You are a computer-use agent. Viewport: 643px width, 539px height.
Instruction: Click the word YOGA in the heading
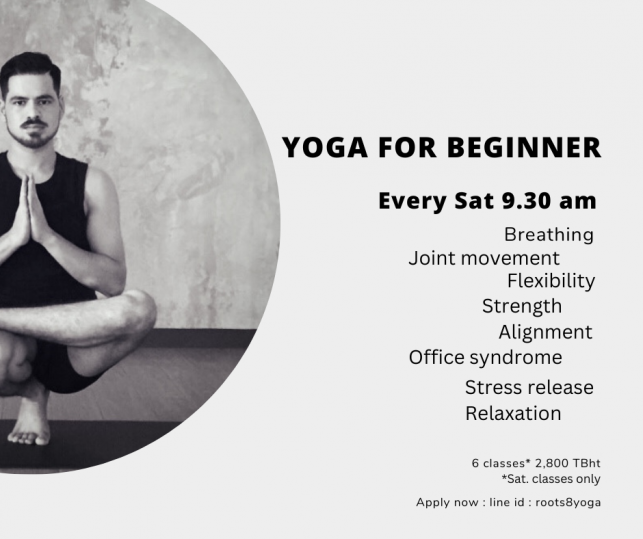[x=325, y=147]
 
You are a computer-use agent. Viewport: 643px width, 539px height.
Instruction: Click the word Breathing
[x=549, y=235]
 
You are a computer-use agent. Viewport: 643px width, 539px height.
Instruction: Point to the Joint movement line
[x=484, y=258]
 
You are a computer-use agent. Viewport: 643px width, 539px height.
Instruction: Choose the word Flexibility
[x=551, y=281]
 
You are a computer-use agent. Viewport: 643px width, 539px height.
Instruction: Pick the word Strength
[x=522, y=306]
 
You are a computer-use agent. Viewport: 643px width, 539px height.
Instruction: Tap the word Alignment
[x=545, y=332]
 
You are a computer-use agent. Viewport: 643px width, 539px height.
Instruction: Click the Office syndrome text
[x=485, y=358]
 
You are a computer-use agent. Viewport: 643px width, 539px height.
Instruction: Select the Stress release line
[x=529, y=387]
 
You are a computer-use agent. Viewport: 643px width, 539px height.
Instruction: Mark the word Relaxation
[x=513, y=413]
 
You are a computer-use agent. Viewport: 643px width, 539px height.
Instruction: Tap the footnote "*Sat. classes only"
[x=551, y=479]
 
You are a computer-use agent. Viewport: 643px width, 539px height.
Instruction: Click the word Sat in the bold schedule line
[x=474, y=201]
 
